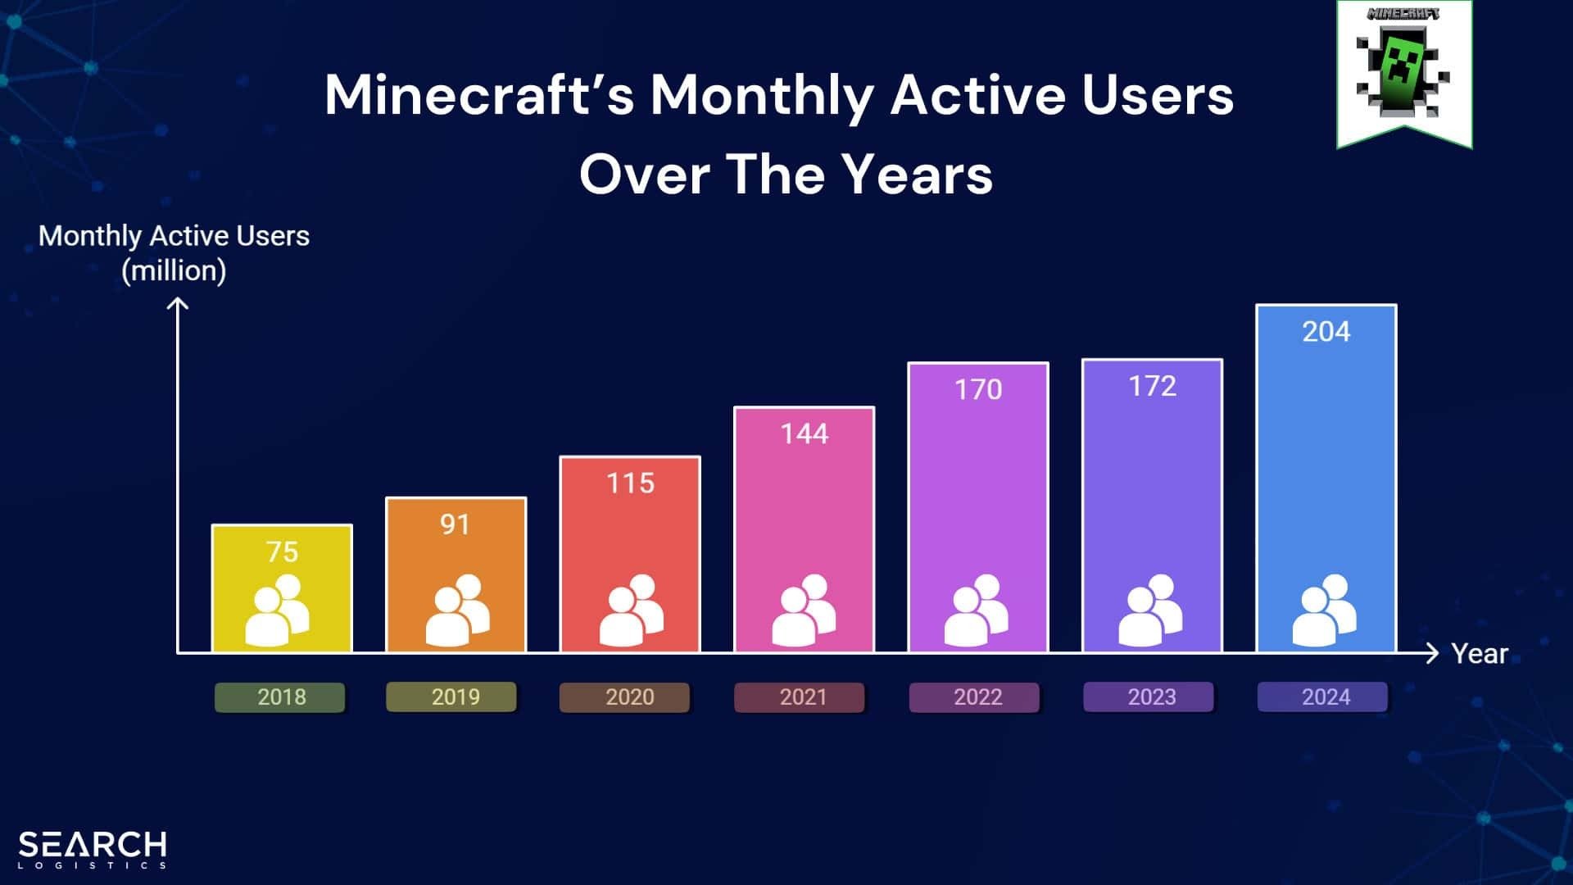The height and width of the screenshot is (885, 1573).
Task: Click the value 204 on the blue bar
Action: (x=1326, y=332)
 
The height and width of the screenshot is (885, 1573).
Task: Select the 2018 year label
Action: (x=281, y=697)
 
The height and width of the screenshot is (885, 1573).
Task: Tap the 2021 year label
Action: (x=803, y=697)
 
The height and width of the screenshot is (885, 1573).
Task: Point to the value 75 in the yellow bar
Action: (x=282, y=552)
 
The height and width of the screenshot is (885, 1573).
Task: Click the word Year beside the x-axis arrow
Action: (x=1479, y=654)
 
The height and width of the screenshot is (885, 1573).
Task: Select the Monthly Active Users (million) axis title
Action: (x=174, y=253)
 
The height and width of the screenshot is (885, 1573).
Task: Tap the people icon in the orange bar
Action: (x=457, y=610)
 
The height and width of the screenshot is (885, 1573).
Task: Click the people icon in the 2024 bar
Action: (x=1325, y=610)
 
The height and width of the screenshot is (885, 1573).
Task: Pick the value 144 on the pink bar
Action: (x=804, y=433)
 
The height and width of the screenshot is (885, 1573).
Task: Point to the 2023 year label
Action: (x=1151, y=697)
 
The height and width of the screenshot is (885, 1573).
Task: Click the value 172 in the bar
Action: (x=1152, y=386)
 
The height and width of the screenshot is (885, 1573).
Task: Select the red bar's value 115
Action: (x=630, y=483)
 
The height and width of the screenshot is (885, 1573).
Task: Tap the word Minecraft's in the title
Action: (x=479, y=95)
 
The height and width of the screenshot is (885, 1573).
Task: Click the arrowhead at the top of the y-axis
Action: (x=178, y=305)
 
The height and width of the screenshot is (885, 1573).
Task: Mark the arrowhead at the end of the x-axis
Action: (x=1431, y=653)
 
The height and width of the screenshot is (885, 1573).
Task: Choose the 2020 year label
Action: (x=629, y=697)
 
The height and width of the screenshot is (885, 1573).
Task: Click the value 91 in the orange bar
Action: (x=455, y=524)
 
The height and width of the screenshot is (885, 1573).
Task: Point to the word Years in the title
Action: (x=917, y=175)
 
